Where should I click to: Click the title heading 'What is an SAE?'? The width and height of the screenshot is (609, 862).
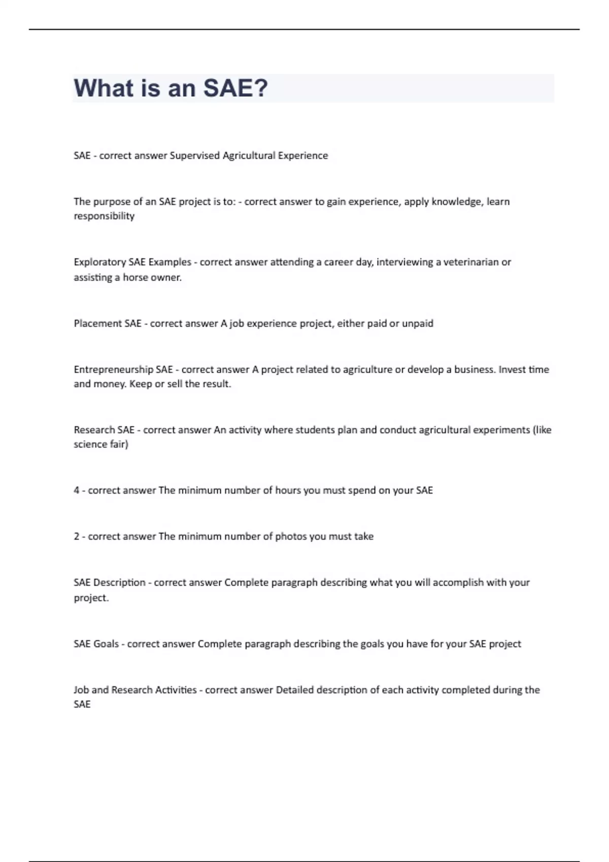[171, 88]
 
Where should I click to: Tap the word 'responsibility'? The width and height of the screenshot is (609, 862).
[104, 216]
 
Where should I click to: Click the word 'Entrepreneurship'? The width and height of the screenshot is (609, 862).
[113, 370]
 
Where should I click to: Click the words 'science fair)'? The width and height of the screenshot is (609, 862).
[101, 444]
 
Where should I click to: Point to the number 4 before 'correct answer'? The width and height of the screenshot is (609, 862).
[77, 490]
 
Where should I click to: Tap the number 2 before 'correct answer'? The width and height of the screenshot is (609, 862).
[77, 536]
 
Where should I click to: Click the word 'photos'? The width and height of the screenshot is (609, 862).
[291, 536]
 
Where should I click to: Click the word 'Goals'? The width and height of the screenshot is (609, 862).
[106, 644]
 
